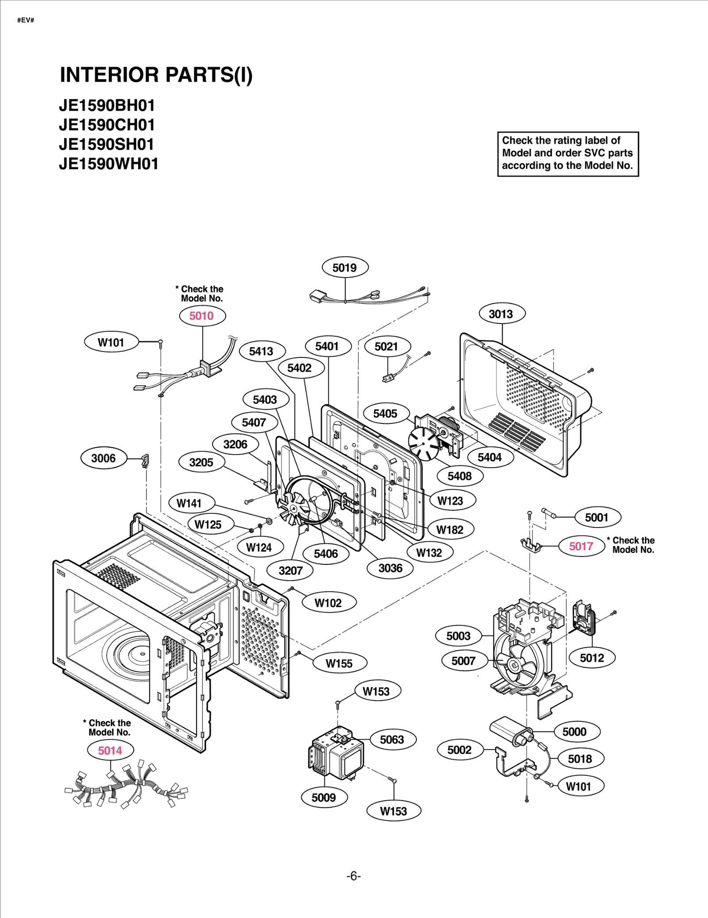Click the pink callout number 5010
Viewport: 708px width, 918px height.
pos(202,316)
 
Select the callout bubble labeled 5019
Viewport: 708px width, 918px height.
pos(344,267)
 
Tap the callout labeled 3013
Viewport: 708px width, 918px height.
pos(501,314)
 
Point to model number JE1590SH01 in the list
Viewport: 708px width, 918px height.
pos(107,144)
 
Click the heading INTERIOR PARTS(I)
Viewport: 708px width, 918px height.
pos(156,75)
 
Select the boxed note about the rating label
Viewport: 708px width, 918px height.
pos(568,153)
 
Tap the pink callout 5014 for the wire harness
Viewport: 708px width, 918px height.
pos(110,750)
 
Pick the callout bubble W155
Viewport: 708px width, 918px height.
pos(339,663)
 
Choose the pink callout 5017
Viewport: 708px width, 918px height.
pos(581,546)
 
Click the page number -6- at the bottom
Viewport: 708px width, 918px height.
pos(353,876)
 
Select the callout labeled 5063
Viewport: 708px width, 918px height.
pos(392,739)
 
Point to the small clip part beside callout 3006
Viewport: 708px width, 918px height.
pos(145,460)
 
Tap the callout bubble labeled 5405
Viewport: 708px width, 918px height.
pos(385,414)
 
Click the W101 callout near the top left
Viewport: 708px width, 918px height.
pos(111,342)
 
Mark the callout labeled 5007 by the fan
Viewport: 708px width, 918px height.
pos(463,661)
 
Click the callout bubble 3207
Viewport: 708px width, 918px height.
pos(290,570)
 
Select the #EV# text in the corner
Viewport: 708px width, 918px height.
pos(26,20)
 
